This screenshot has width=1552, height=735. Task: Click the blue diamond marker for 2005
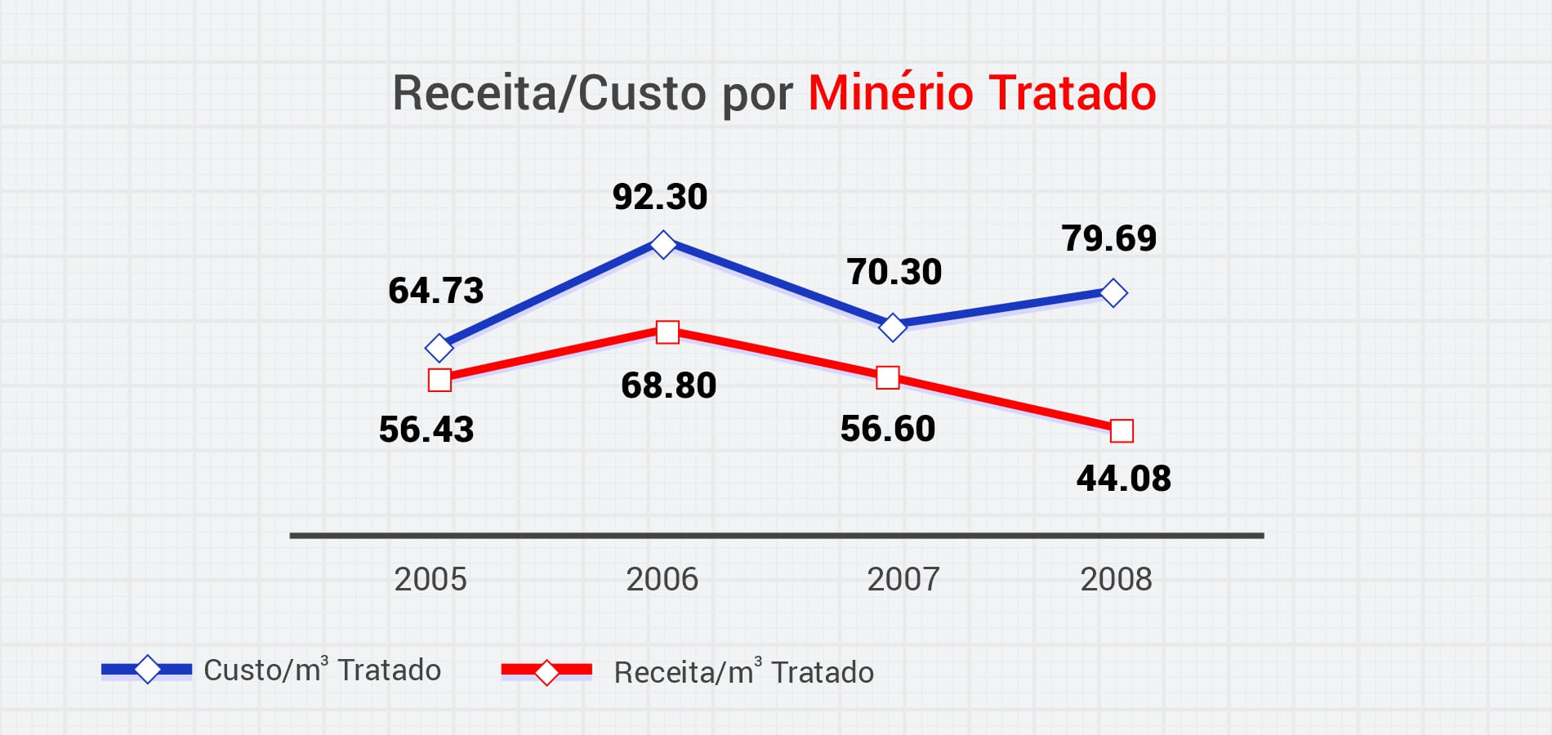tap(439, 348)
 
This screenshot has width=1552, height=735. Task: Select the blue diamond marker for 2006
tap(663, 244)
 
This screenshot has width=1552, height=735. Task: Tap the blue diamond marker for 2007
tap(893, 327)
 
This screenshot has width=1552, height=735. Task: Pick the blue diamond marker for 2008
tap(1113, 292)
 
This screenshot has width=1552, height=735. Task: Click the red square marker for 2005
tap(439, 380)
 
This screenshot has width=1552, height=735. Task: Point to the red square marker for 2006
tap(667, 332)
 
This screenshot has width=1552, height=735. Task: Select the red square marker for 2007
tap(888, 378)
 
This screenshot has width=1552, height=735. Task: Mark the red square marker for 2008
tap(1122, 430)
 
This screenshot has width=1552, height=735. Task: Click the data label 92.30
tap(660, 198)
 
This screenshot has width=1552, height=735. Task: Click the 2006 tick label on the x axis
tap(662, 580)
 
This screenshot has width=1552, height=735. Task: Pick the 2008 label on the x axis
tap(1116, 580)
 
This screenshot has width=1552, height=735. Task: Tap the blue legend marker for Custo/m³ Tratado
tap(147, 670)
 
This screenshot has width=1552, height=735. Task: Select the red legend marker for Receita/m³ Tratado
tap(546, 672)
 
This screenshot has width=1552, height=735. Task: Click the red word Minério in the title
tap(890, 92)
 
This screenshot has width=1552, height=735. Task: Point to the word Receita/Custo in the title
tap(549, 93)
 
